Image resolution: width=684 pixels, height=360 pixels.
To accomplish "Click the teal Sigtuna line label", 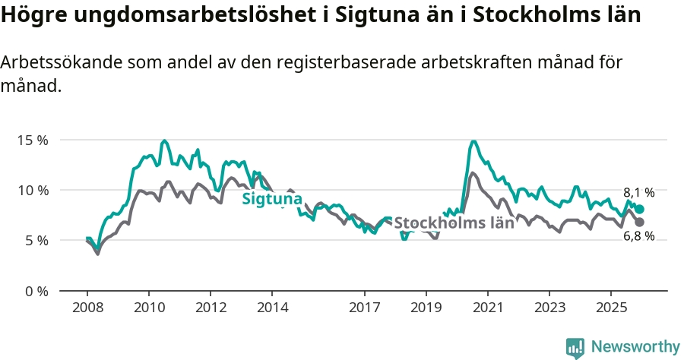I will click(272, 199).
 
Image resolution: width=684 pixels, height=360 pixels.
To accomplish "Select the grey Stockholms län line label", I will click(454, 223).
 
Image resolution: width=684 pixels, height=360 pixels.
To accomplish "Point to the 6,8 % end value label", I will click(638, 236).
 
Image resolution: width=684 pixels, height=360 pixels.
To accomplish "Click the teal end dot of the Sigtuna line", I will click(640, 209).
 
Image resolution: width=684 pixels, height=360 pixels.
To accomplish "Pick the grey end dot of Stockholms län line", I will click(640, 222).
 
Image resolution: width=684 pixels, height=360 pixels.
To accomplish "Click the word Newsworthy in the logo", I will click(635, 346).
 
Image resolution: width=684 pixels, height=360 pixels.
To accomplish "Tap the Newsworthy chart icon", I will click(575, 347).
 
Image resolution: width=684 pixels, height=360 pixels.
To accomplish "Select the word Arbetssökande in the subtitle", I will click(61, 63).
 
